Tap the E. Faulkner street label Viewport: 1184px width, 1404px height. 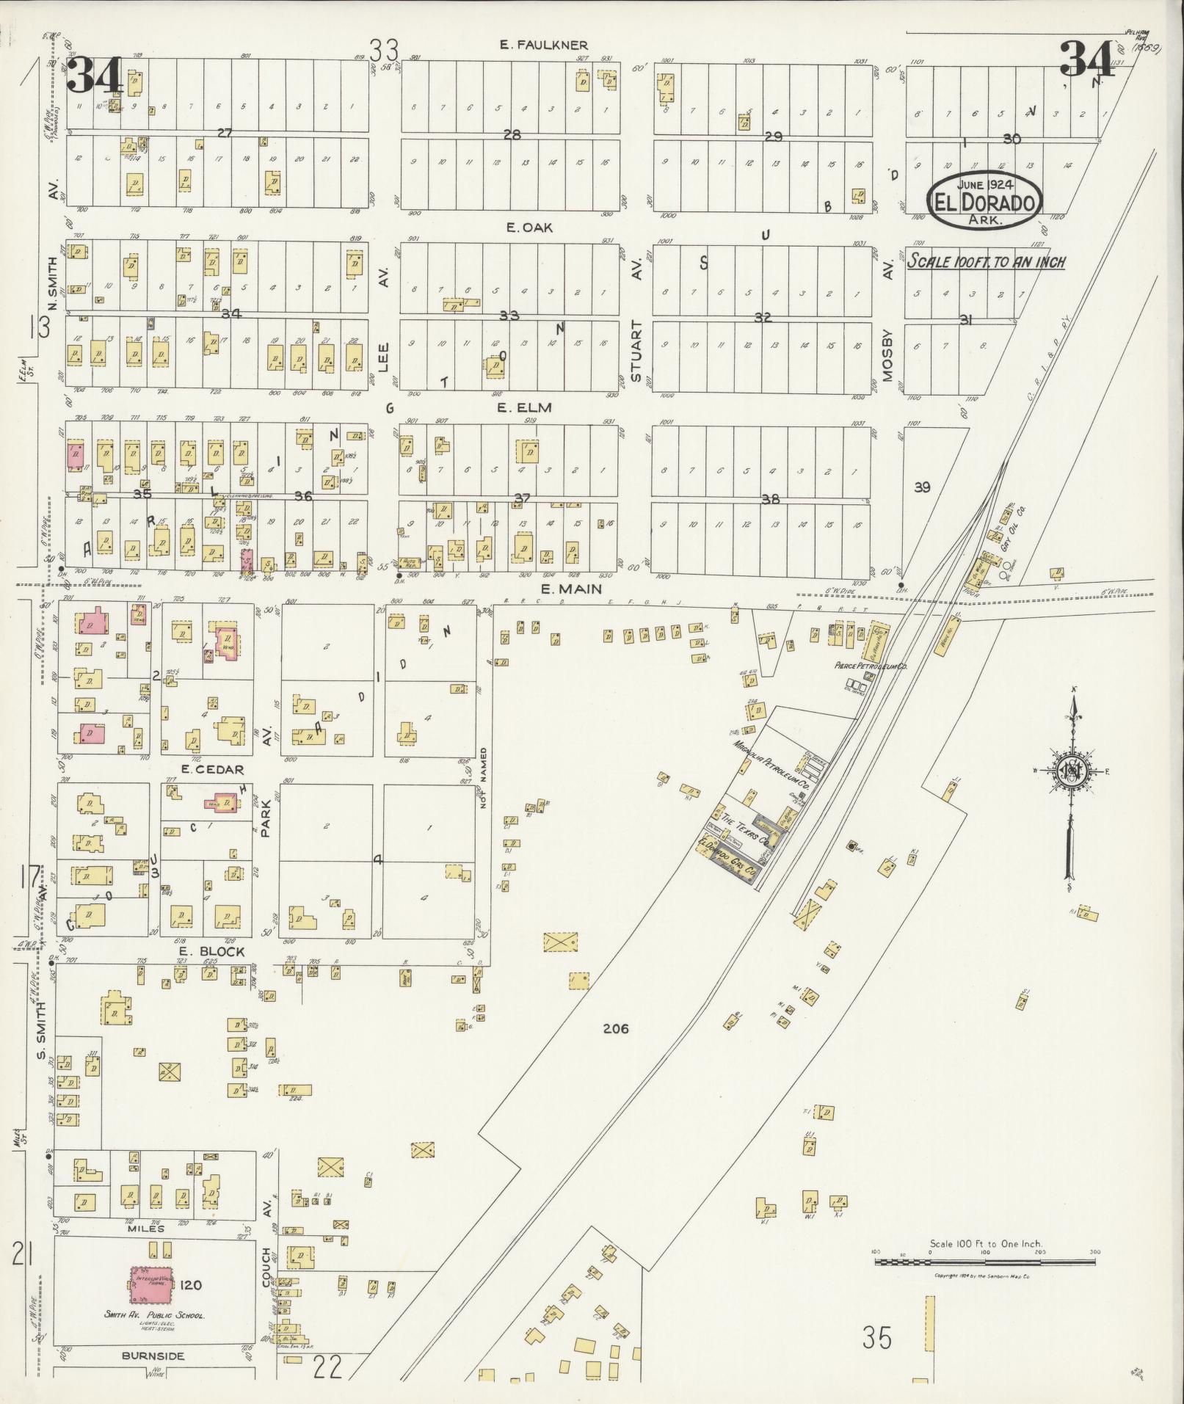(x=544, y=46)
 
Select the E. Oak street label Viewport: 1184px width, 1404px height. (x=529, y=228)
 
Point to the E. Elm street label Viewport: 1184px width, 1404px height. (x=524, y=407)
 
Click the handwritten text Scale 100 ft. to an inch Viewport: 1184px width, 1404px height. (x=986, y=261)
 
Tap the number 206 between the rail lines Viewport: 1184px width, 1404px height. (x=616, y=1029)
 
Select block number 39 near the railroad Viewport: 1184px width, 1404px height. (x=922, y=487)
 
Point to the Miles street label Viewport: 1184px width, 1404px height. (x=146, y=1228)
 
